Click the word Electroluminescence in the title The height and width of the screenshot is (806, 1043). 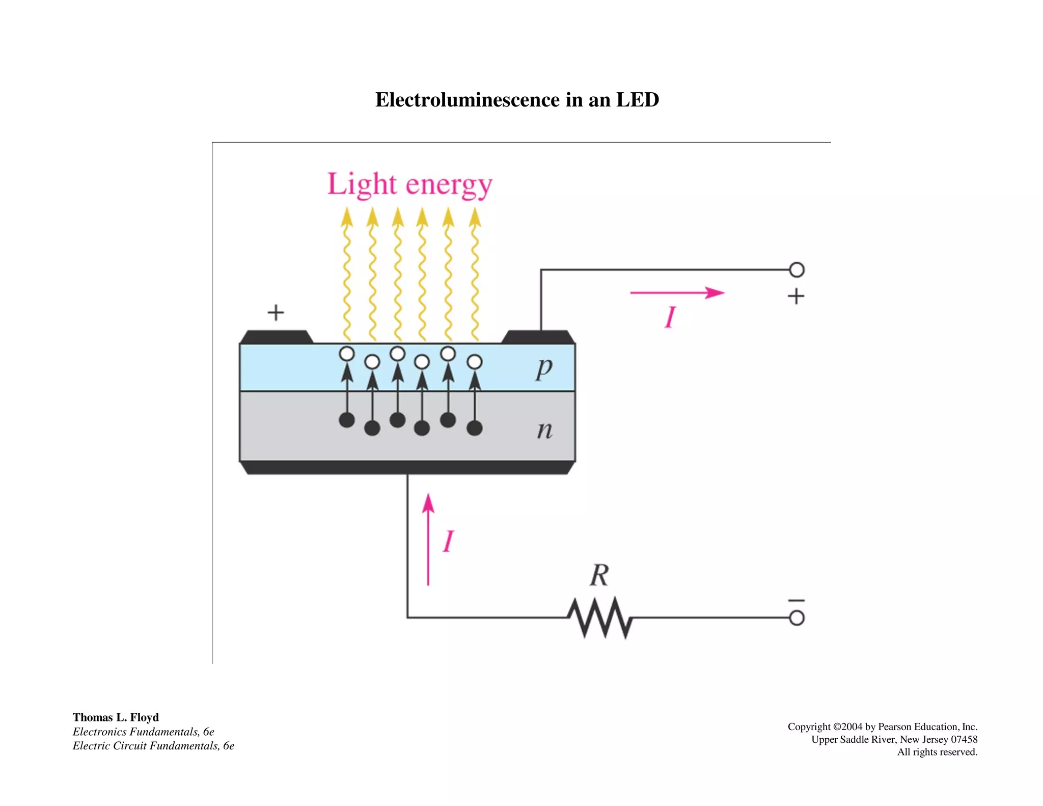point(467,100)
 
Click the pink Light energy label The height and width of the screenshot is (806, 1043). point(409,184)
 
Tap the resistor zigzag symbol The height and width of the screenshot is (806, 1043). point(600,617)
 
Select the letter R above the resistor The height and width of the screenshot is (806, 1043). point(599,576)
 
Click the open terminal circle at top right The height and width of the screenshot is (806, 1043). point(797,270)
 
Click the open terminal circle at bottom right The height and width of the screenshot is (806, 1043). point(797,618)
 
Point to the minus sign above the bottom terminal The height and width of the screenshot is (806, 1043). point(797,601)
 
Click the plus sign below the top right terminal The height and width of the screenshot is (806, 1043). point(796,296)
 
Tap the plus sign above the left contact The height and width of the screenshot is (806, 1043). point(276,312)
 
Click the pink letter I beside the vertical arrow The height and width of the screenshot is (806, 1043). point(448,541)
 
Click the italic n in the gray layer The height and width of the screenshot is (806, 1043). point(544,431)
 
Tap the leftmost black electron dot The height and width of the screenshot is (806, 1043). point(347,420)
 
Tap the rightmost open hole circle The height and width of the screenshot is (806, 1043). point(474,362)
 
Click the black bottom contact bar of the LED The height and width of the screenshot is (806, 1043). point(407,468)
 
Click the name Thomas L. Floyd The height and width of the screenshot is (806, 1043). point(116,717)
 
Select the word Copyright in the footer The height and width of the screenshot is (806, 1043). point(809,727)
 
